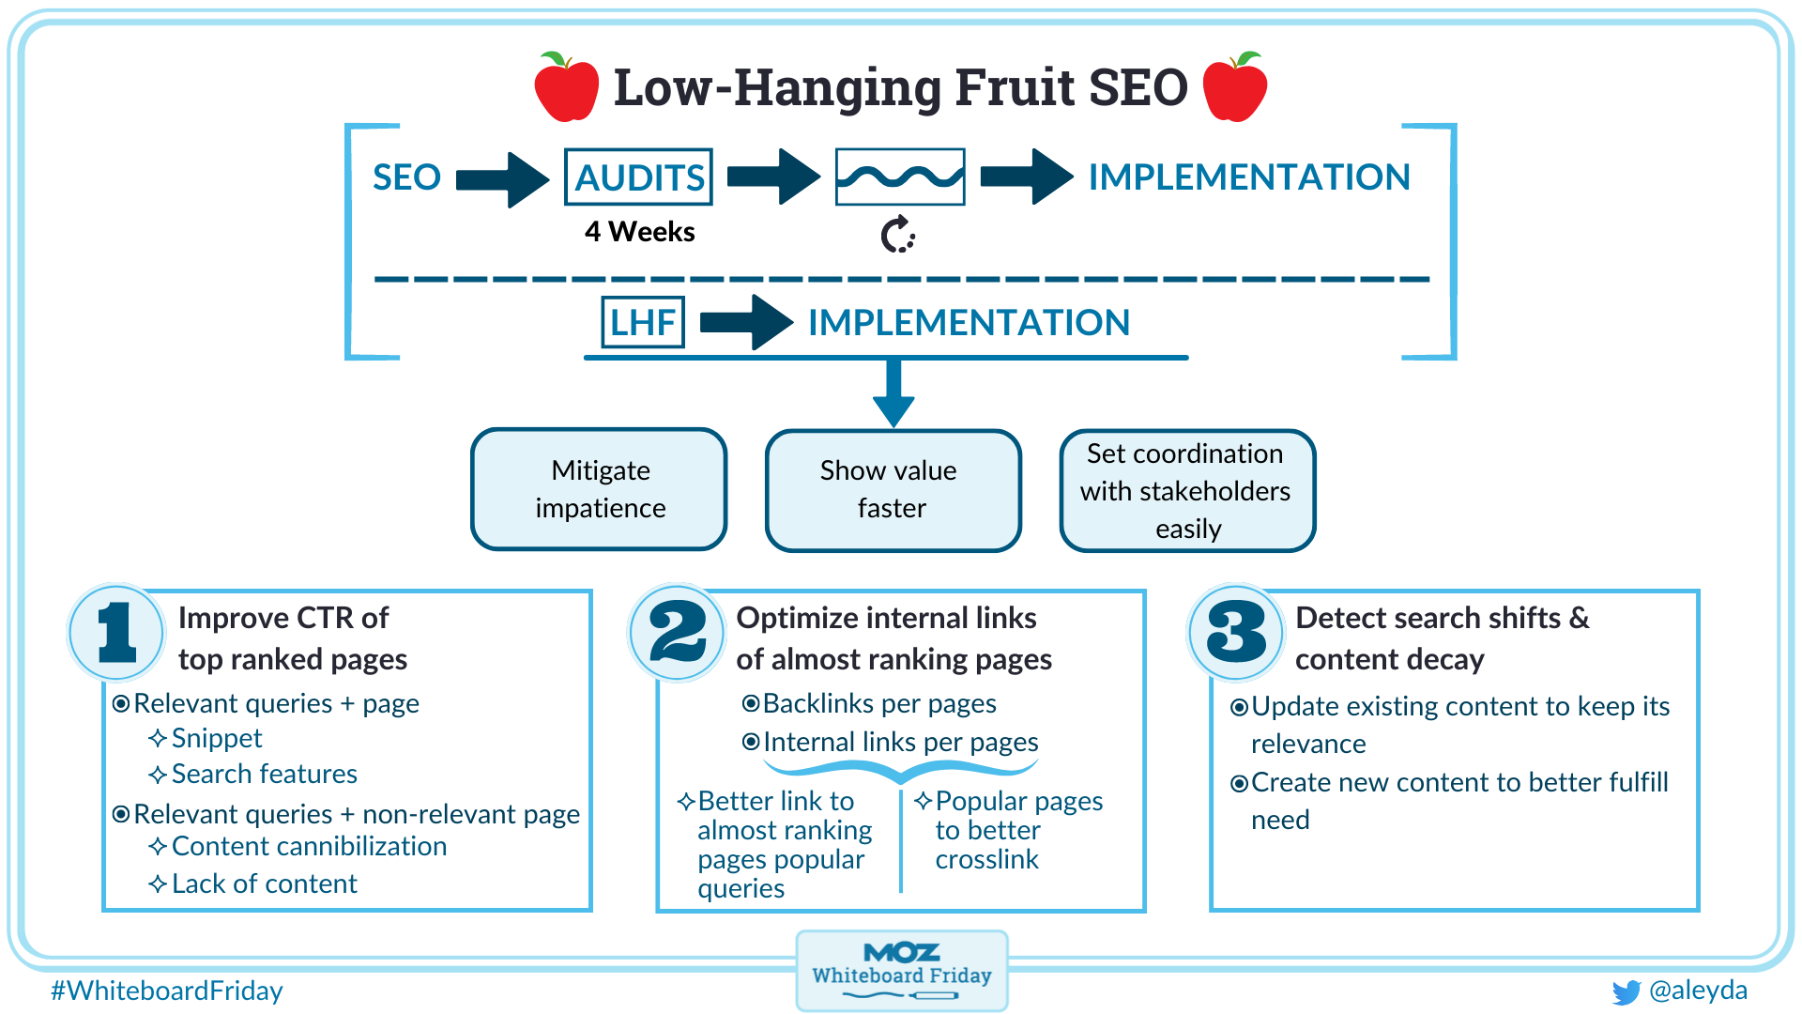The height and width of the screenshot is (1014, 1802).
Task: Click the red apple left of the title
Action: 566,88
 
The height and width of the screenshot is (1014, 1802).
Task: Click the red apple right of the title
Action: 1234,88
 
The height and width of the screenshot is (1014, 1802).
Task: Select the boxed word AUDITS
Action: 638,177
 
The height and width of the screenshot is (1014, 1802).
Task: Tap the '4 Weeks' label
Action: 639,232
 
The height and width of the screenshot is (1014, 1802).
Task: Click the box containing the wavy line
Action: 899,177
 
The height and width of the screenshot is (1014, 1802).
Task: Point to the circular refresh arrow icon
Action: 897,235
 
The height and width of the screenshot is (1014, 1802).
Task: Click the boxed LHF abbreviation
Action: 643,322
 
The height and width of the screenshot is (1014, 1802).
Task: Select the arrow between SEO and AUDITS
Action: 502,178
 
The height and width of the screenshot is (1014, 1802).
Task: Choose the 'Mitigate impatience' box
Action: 600,489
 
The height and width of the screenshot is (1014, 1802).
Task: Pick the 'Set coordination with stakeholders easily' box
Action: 1187,490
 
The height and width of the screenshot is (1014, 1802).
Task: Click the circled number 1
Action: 117,632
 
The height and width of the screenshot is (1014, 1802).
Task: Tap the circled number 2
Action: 677,632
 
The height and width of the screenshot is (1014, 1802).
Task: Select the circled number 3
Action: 1236,632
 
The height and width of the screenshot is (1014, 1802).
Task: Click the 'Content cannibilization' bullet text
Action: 309,847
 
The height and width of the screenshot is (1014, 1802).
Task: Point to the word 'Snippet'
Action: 217,739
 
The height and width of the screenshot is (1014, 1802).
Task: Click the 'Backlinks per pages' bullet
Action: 878,703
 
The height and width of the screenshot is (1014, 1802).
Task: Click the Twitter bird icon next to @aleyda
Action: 1626,992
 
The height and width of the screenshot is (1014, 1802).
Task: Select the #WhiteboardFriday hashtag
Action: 167,991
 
